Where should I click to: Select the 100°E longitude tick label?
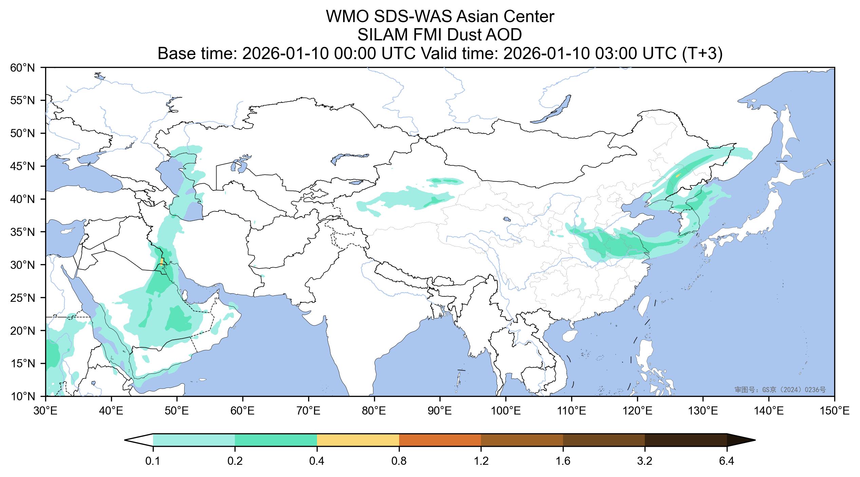pyautogui.click(x=506, y=411)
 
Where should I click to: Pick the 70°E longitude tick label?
pyautogui.click(x=309, y=411)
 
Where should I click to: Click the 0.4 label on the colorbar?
pyautogui.click(x=317, y=462)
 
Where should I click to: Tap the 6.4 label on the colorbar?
pyautogui.click(x=727, y=462)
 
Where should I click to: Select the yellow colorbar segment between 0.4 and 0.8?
pyautogui.click(x=358, y=440)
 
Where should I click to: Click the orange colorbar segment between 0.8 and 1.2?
pyautogui.click(x=440, y=440)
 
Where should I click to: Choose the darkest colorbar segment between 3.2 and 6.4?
pyautogui.click(x=686, y=440)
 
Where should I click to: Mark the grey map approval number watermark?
pyautogui.click(x=780, y=390)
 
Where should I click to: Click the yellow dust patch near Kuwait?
pyautogui.click(x=162, y=262)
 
